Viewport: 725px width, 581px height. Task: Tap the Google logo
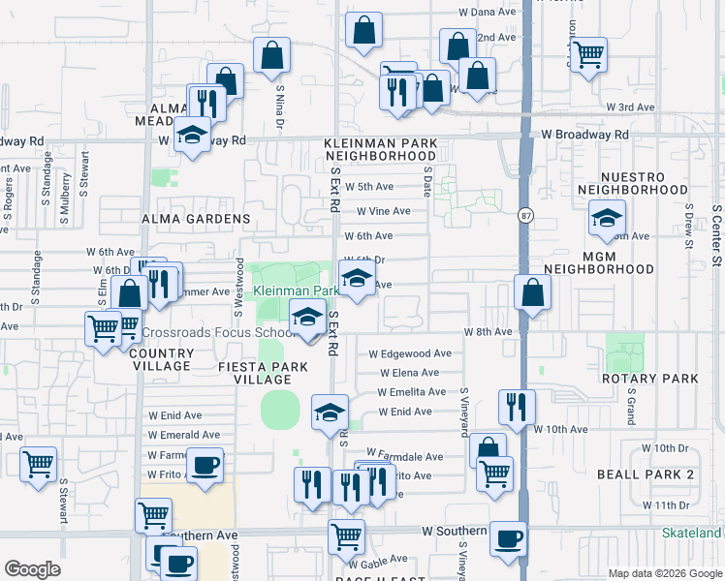point(32,569)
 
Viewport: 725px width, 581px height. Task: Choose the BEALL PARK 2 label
point(659,474)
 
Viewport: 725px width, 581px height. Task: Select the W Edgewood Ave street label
point(410,354)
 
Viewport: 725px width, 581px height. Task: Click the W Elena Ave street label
point(410,373)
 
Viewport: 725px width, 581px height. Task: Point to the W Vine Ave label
point(383,211)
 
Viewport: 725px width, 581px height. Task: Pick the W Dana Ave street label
point(488,13)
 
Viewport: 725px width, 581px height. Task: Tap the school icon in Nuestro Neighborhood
point(608,220)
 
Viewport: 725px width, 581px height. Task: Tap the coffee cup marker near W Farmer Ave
point(205,465)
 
